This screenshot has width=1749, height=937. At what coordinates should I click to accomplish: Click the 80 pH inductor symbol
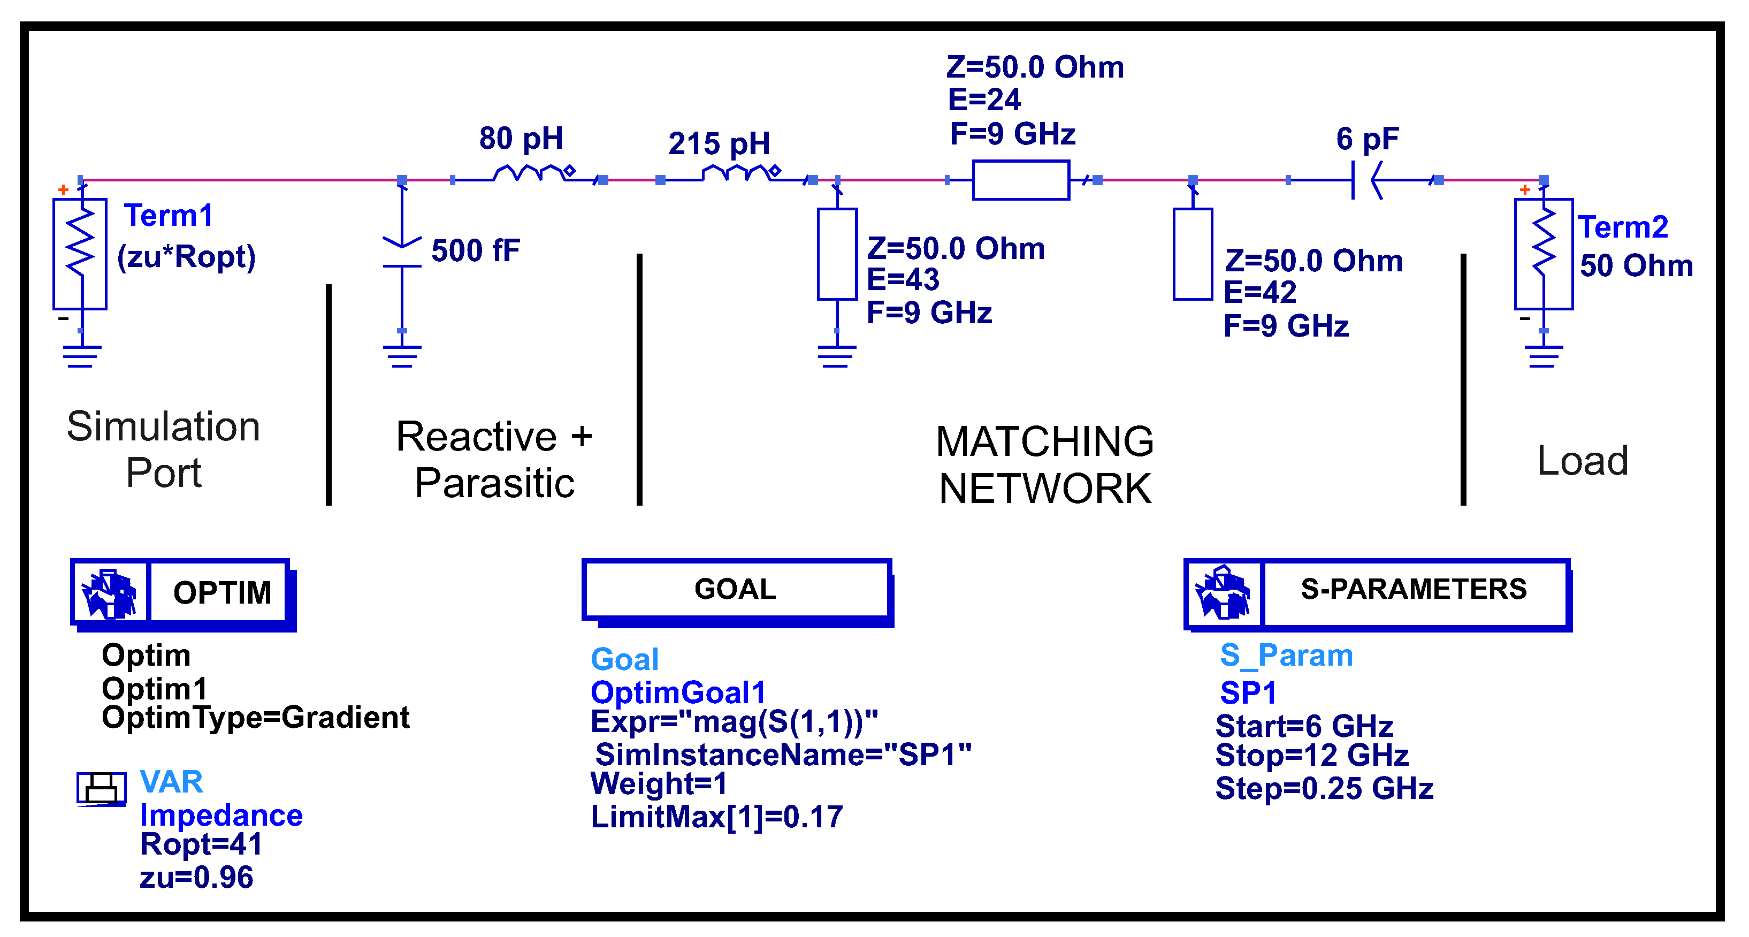530,174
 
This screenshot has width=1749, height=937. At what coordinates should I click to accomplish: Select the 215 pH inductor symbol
737,174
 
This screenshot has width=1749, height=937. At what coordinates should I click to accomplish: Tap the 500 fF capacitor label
475,250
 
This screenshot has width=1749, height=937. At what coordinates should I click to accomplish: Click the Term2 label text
1622,227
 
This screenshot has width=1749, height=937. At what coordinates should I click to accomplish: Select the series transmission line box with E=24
1020,180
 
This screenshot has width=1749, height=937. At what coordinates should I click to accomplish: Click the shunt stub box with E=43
837,254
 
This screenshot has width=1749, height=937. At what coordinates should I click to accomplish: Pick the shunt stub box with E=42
1193,254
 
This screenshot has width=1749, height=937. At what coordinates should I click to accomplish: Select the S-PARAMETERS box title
1413,589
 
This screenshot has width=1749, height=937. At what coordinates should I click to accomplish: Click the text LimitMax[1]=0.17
716,816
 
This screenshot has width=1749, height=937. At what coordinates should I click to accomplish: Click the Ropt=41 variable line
201,844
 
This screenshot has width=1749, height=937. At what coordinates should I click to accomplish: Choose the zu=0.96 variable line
196,877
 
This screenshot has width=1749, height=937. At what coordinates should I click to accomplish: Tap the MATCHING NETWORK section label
1044,464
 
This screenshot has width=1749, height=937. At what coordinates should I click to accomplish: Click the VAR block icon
101,788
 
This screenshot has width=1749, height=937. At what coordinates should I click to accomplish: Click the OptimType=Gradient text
255,717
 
